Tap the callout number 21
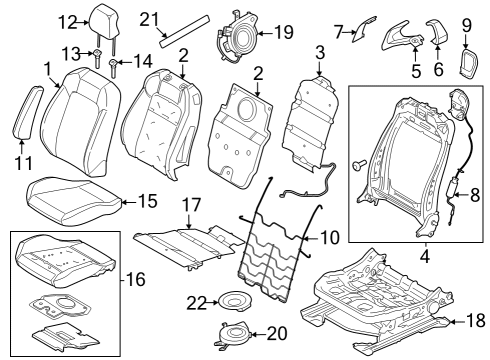150,18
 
